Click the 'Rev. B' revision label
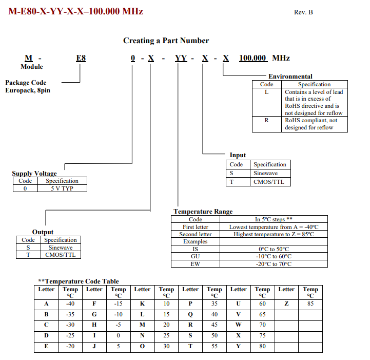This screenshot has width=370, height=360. (x=303, y=12)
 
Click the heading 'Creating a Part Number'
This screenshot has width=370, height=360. (x=166, y=41)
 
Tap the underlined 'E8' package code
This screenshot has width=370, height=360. (x=81, y=58)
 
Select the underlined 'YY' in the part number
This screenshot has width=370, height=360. (x=181, y=58)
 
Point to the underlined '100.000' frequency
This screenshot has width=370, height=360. (x=253, y=58)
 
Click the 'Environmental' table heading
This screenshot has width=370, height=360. (x=290, y=77)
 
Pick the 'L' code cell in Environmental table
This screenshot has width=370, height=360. (x=266, y=92)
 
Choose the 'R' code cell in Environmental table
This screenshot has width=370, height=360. (x=266, y=120)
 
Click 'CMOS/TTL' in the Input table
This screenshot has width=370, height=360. (x=269, y=182)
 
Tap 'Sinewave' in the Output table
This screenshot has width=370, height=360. (x=60, y=247)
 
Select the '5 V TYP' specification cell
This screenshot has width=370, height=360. (x=62, y=188)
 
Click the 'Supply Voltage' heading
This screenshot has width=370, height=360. (x=34, y=174)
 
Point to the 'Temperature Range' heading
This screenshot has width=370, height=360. (x=203, y=212)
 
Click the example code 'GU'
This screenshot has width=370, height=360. (x=195, y=256)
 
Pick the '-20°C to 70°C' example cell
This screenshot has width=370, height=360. (x=274, y=264)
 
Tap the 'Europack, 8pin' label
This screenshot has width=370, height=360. (x=28, y=90)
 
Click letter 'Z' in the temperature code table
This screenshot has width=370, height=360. (x=286, y=304)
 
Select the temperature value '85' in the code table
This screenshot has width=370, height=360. (x=310, y=304)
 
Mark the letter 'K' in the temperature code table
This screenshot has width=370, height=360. (x=142, y=304)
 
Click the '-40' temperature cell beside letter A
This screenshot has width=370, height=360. (x=70, y=304)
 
